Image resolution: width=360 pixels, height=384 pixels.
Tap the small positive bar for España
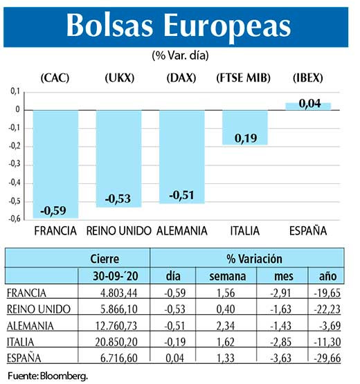308,106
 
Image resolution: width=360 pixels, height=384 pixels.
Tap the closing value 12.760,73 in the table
117,325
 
